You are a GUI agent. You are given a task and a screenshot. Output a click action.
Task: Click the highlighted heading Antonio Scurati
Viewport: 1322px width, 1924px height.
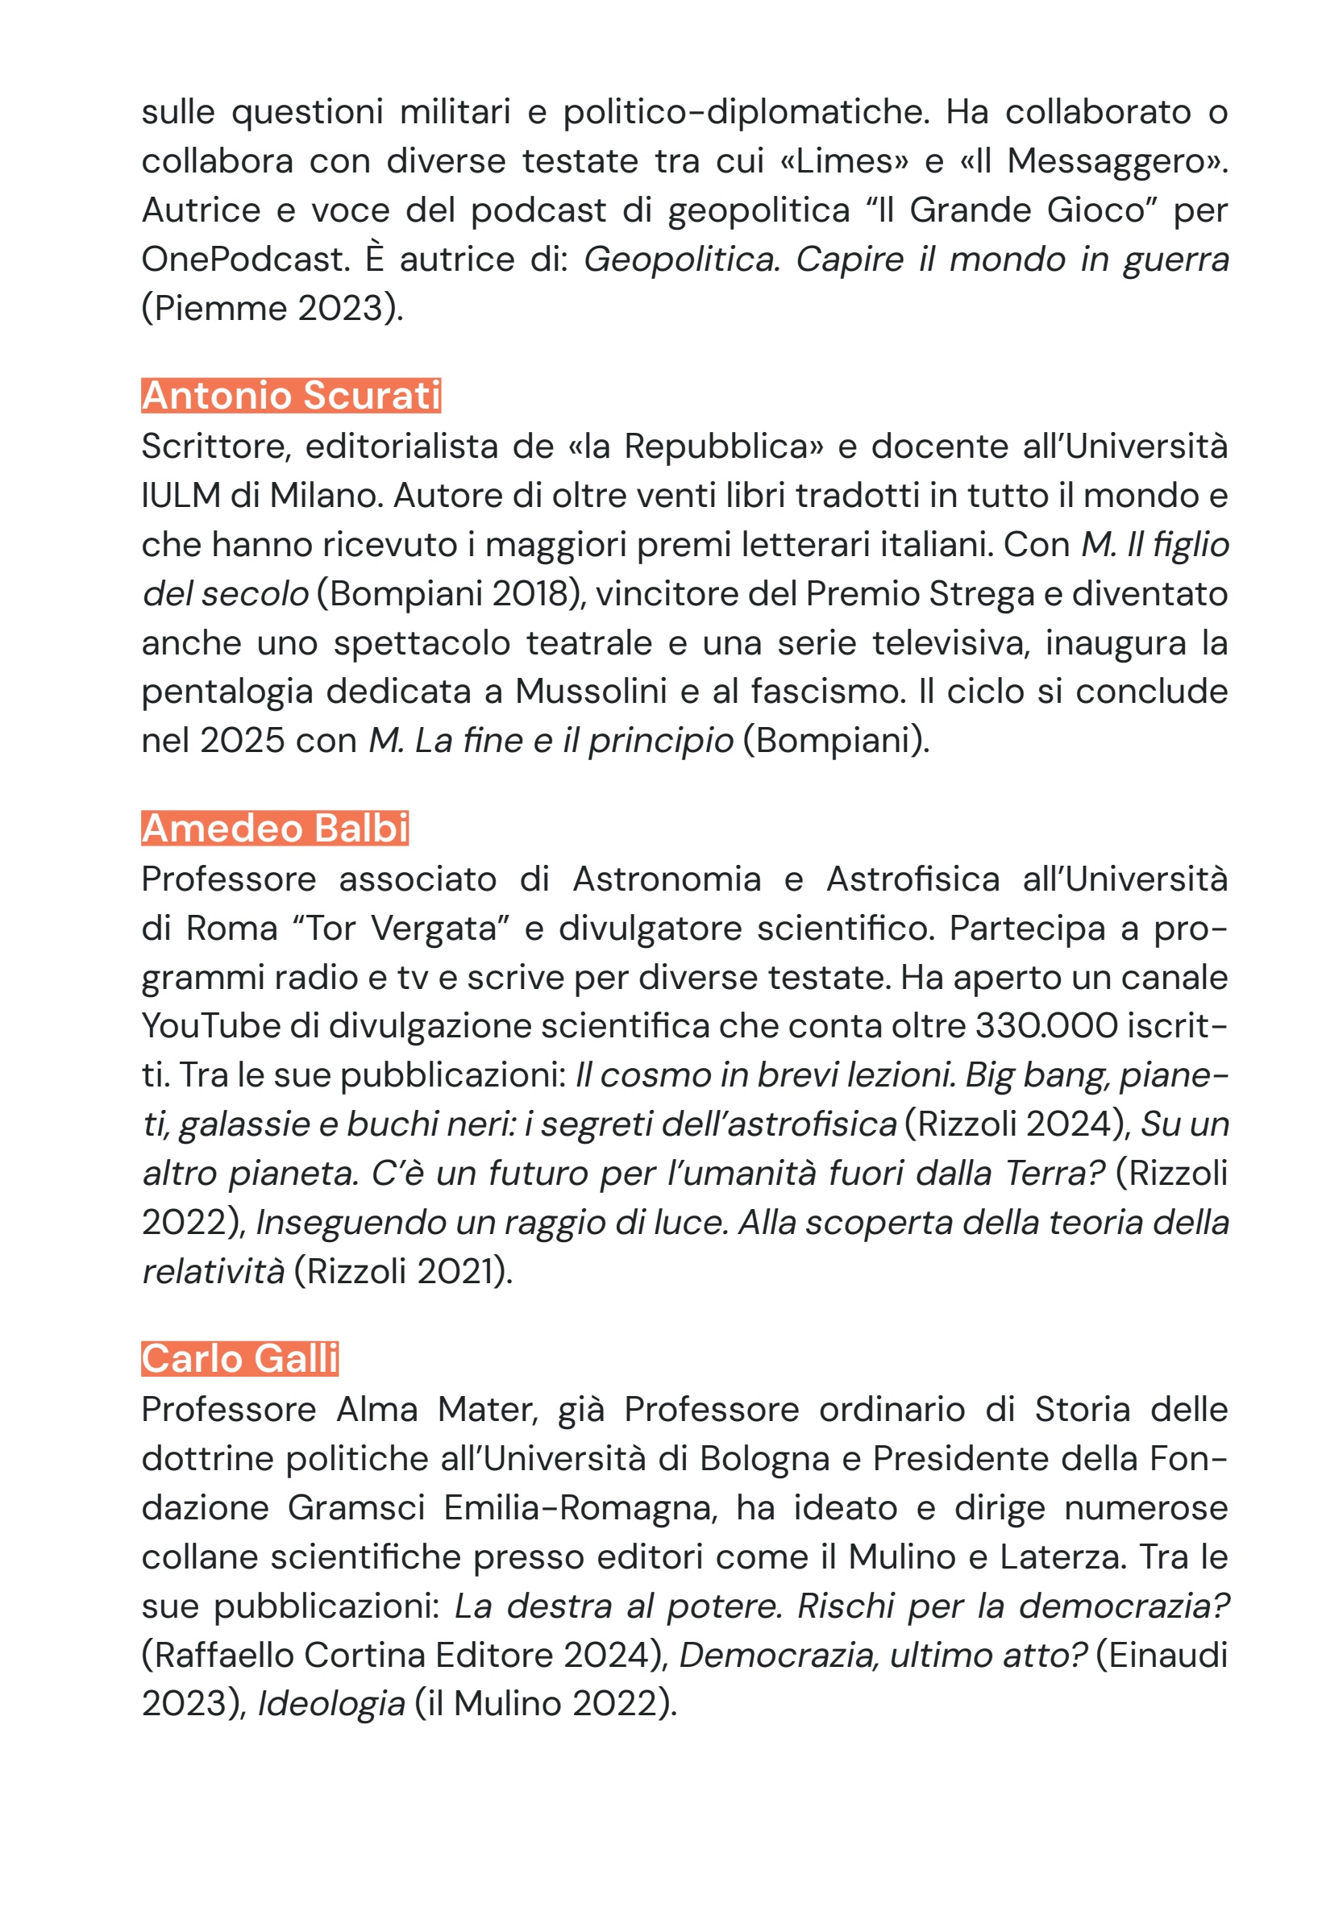[291, 396]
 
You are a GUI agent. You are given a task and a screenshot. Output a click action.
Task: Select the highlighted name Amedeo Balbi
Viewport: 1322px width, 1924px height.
[275, 829]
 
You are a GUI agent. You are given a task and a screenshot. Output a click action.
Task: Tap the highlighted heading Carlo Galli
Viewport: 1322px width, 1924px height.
[240, 1359]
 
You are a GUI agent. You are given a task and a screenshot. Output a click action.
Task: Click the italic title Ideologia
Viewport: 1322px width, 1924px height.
[331, 1704]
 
